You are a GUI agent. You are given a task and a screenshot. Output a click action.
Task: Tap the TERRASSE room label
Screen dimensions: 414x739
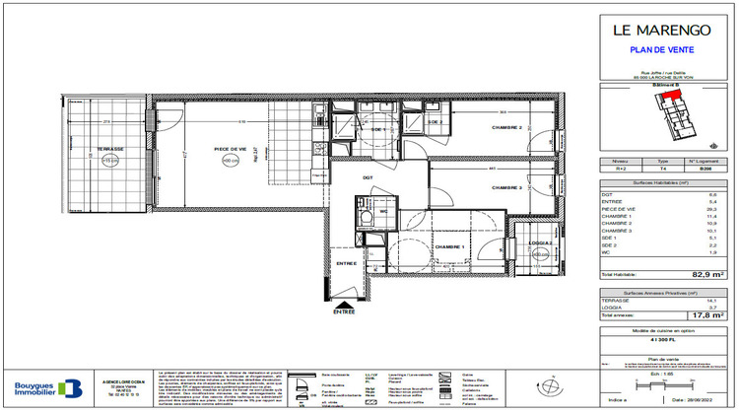click(110, 150)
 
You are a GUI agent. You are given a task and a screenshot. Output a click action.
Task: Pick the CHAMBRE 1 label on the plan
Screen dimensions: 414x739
click(450, 247)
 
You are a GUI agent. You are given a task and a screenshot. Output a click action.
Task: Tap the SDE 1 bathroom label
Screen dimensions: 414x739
click(378, 129)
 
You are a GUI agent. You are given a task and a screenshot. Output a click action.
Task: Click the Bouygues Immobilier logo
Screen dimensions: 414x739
click(41, 388)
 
